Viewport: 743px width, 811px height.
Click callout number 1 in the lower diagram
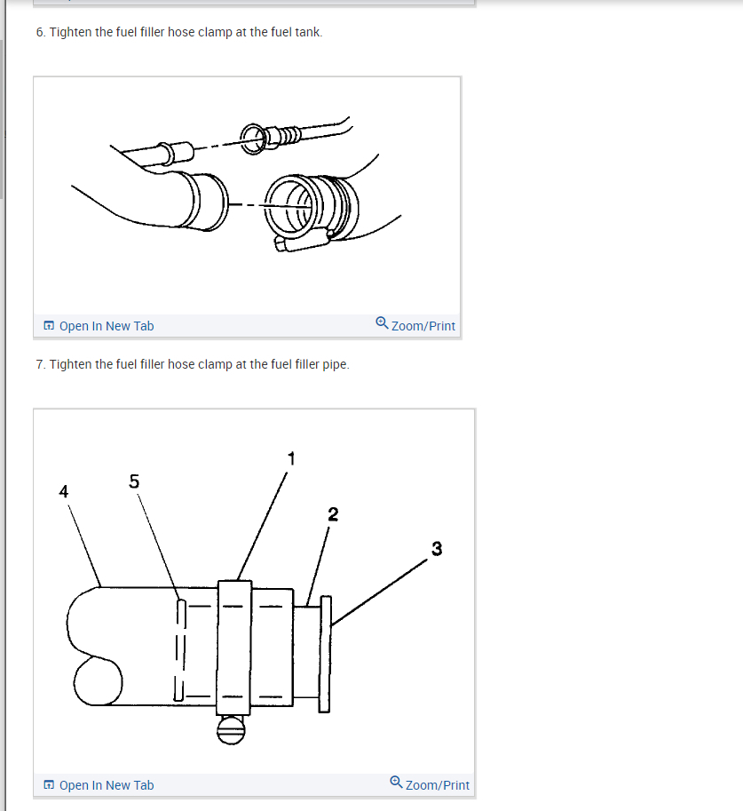[x=292, y=458]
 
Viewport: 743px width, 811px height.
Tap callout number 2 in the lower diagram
[x=333, y=514]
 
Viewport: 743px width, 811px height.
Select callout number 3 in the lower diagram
[x=437, y=549]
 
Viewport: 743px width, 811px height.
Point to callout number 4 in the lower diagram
[x=64, y=491]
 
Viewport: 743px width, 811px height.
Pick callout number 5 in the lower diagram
[x=134, y=481]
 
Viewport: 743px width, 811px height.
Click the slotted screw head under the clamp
[x=231, y=730]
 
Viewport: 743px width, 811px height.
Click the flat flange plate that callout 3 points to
[x=325, y=655]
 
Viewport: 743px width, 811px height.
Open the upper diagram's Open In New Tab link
[x=106, y=326]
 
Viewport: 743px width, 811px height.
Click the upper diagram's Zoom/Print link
[x=423, y=326]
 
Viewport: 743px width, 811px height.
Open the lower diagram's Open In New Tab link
[x=106, y=785]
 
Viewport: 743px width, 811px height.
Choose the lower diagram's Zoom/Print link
[x=438, y=785]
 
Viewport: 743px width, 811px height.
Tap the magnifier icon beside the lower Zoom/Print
[x=396, y=782]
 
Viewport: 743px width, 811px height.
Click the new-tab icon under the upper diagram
[x=49, y=325]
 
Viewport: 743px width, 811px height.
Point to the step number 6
[x=40, y=32]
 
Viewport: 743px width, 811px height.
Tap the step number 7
[x=40, y=365]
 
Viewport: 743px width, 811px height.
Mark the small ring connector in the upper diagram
[x=253, y=139]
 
